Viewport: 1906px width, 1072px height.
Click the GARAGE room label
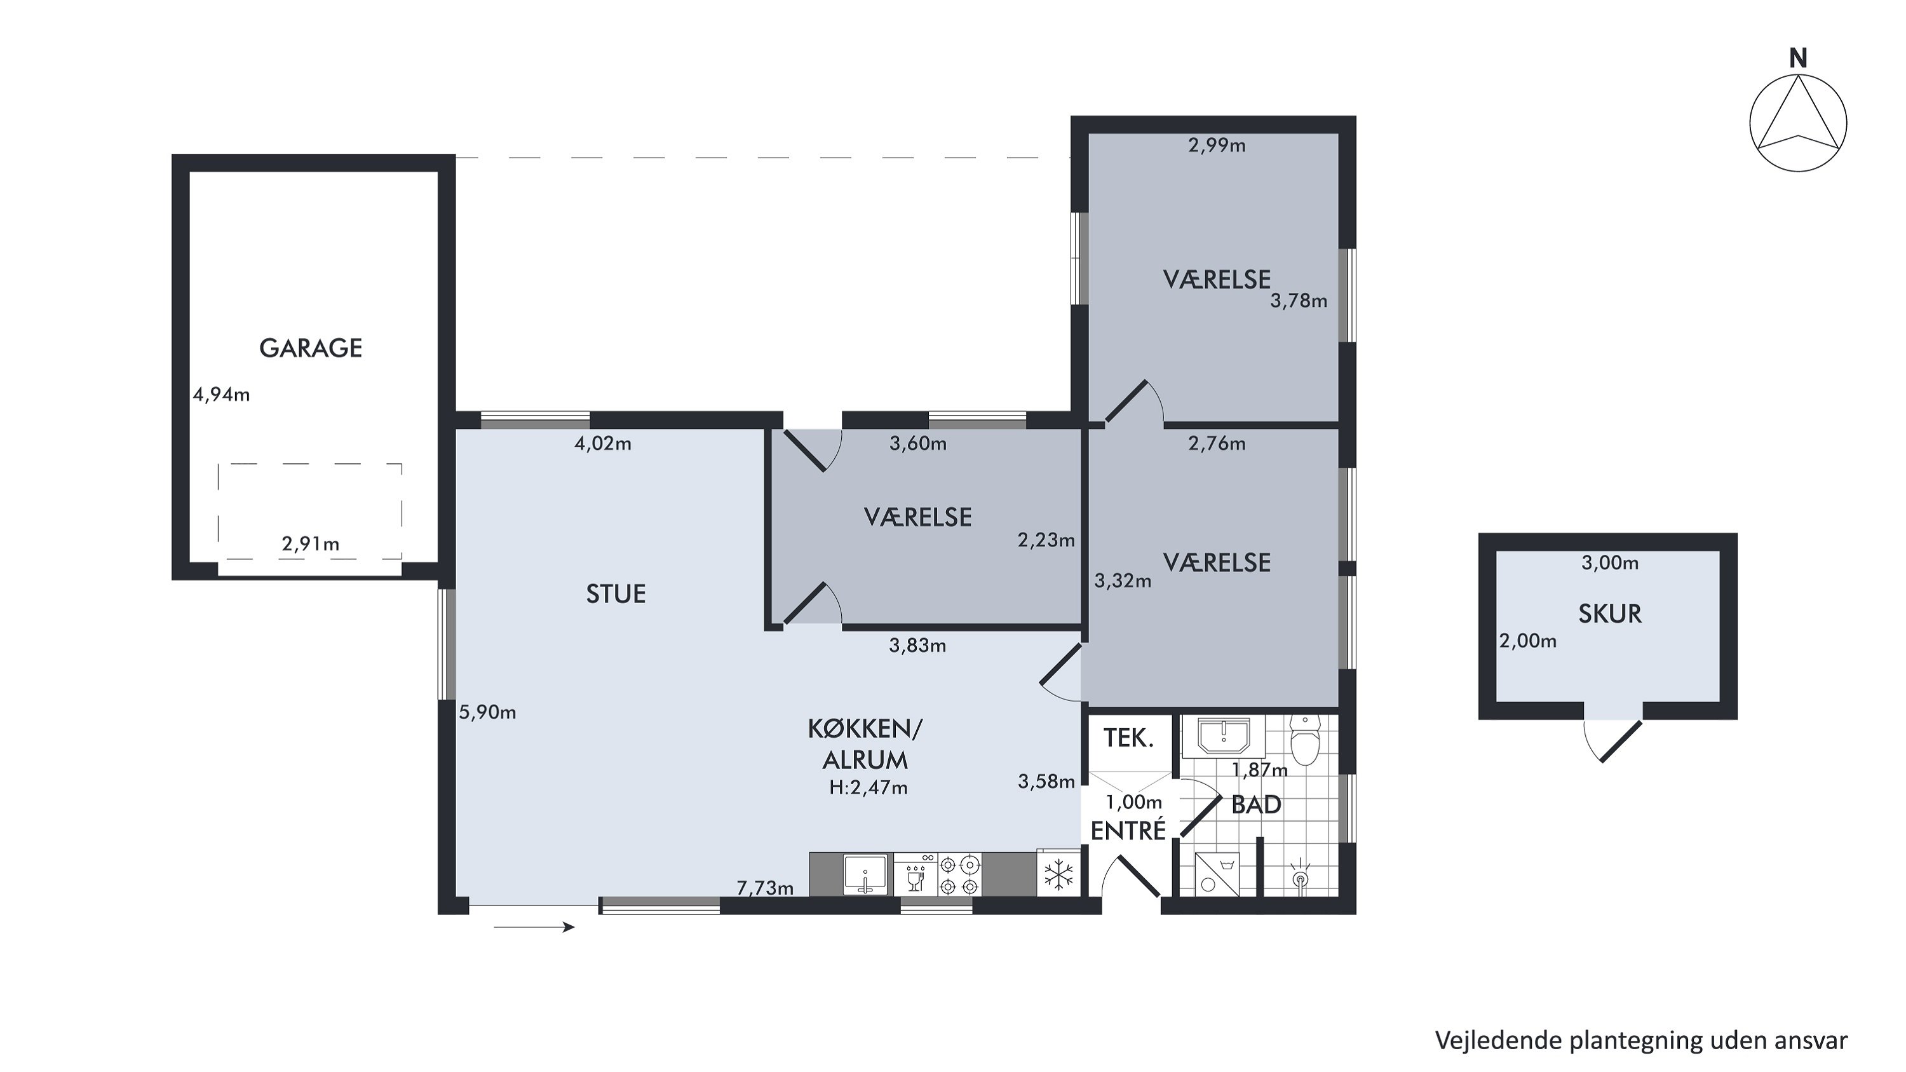click(311, 348)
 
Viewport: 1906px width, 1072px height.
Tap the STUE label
click(616, 594)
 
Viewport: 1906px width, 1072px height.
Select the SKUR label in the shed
click(1610, 613)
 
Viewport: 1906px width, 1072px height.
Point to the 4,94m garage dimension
click(221, 395)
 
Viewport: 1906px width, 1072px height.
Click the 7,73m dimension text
click(765, 887)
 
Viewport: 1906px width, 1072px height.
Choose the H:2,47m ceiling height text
click(868, 788)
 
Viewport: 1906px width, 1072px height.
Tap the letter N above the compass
click(1798, 58)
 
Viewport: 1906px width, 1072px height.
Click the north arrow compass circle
click(1798, 123)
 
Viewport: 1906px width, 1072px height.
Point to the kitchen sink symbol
click(865, 874)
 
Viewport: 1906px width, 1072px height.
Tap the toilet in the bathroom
click(1304, 738)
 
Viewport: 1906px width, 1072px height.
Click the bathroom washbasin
click(1224, 737)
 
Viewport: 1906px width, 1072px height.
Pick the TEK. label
click(1128, 738)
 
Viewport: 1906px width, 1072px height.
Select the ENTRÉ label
click(1128, 830)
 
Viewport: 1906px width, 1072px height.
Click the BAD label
click(1255, 805)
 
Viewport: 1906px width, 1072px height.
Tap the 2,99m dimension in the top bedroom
click(1217, 145)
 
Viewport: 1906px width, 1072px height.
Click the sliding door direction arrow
click(534, 927)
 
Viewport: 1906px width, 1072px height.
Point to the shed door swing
click(1613, 740)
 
